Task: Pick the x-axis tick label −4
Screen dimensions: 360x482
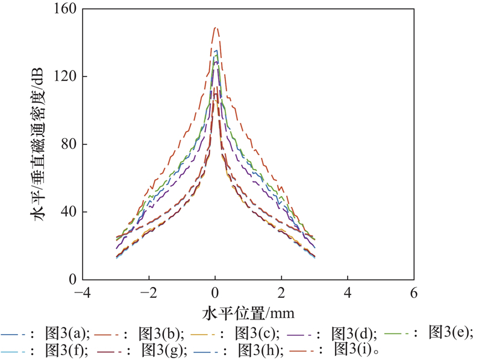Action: point(83,294)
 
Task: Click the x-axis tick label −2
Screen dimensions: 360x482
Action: point(149,294)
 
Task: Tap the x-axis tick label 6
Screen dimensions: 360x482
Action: point(413,294)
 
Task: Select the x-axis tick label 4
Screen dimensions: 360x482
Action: point(348,294)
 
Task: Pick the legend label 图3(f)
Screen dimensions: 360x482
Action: point(67,349)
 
